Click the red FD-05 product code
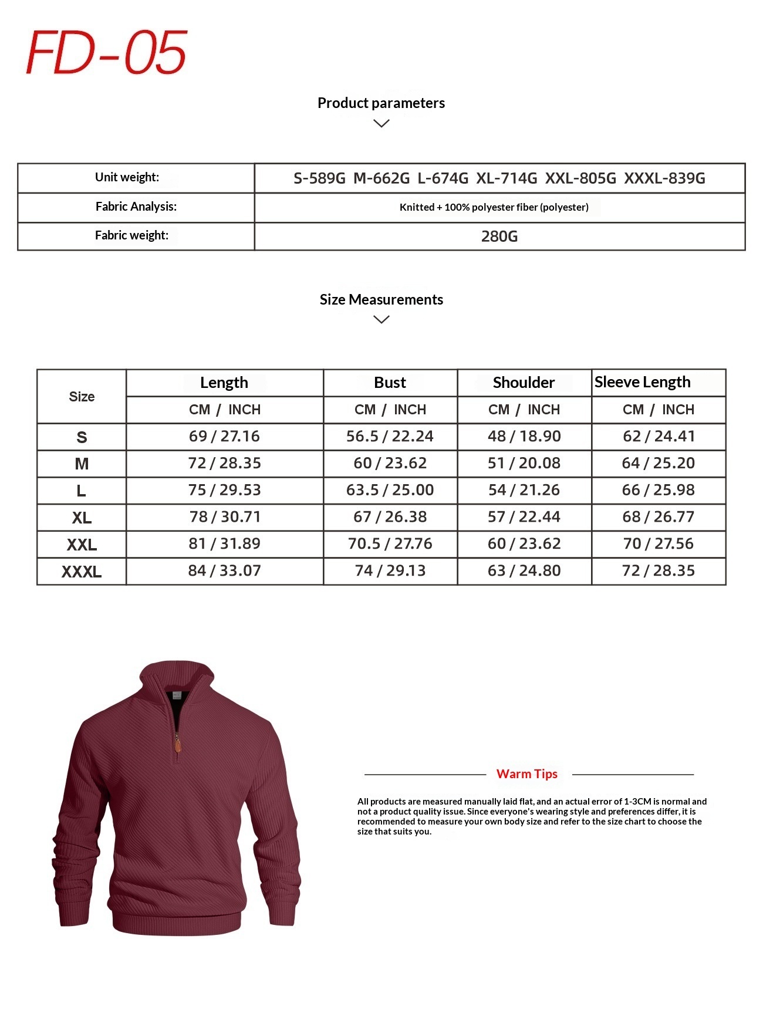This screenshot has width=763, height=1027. tap(106, 53)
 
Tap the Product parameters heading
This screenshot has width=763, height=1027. tap(381, 103)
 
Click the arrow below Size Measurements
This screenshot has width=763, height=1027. tap(381, 319)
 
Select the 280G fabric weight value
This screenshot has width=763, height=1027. tap(499, 237)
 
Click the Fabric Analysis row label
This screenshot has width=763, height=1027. tap(136, 207)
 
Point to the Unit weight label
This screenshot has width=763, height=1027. tap(127, 177)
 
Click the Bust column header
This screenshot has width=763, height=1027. tap(390, 383)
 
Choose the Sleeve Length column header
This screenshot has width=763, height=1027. tap(642, 382)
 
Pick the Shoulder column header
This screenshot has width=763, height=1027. tap(524, 383)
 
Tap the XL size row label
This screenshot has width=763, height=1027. tap(82, 518)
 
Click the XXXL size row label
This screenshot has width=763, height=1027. tap(82, 572)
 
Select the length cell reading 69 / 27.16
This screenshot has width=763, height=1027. tap(224, 437)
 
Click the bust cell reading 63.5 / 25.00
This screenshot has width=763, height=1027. tap(390, 490)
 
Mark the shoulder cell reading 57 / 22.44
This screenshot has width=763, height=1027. tap(524, 517)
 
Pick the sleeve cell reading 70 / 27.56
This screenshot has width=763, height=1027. tap(658, 544)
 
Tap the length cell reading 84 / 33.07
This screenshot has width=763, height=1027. tap(224, 571)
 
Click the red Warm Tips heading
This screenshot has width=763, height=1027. tap(526, 774)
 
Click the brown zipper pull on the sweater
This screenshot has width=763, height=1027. tap(177, 745)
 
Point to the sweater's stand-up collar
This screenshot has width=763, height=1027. tap(176, 675)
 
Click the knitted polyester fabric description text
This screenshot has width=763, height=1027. tap(494, 207)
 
